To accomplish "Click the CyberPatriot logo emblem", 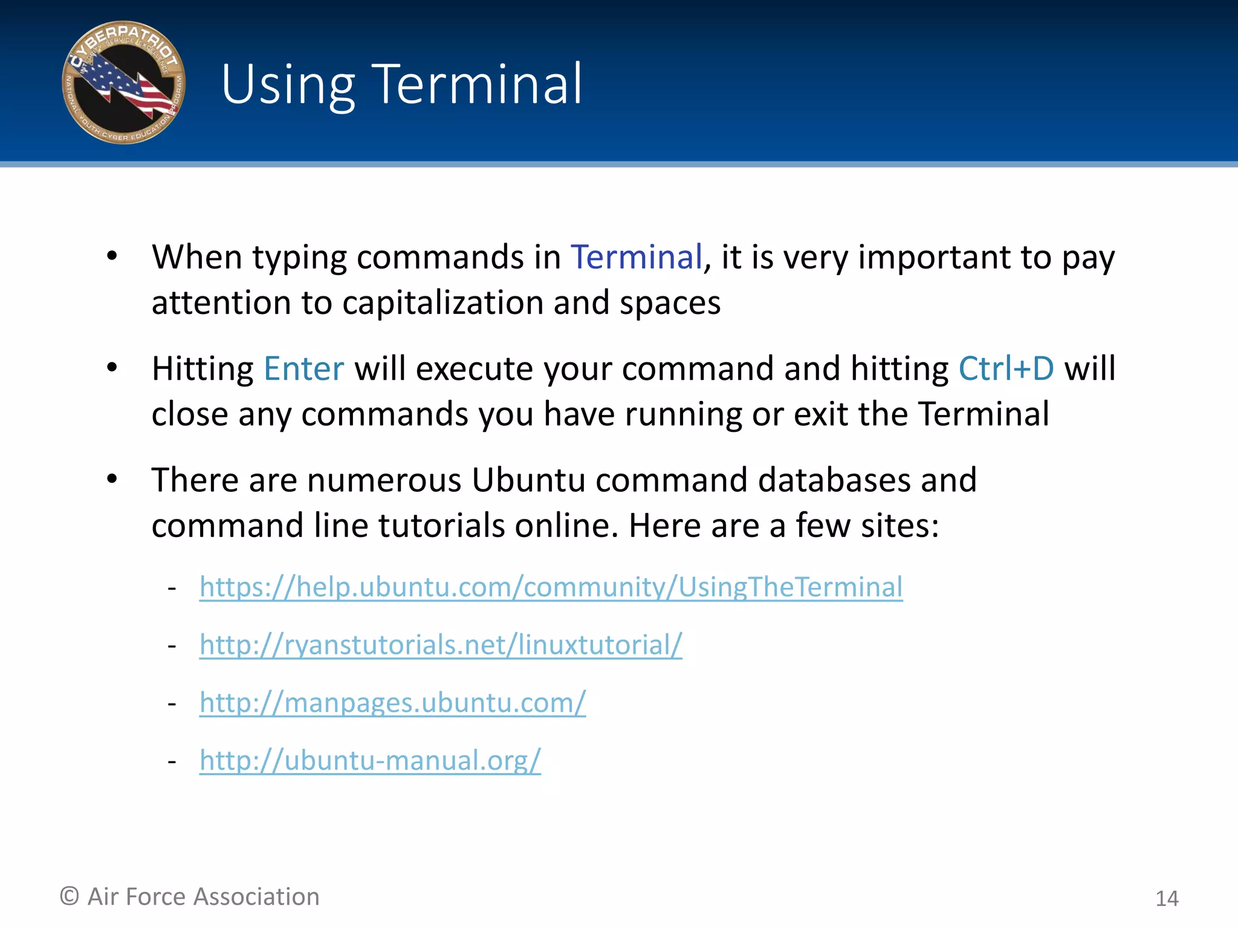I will point(124,83).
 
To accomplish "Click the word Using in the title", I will point(288,85).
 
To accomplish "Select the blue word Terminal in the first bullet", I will point(637,257).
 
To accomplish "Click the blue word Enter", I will point(304,369).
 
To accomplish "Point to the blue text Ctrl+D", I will point(1006,369).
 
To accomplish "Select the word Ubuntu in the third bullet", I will point(528,480).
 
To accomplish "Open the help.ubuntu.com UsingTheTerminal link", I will point(551,587).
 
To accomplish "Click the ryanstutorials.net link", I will point(441,645).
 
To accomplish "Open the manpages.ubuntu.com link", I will point(392,703).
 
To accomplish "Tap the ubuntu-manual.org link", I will point(370,761).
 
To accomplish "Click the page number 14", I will point(1167,899).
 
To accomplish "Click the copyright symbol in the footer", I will point(70,896).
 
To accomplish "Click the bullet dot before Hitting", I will point(112,367).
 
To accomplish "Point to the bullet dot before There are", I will point(112,479).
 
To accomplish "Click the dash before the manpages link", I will point(172,704).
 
